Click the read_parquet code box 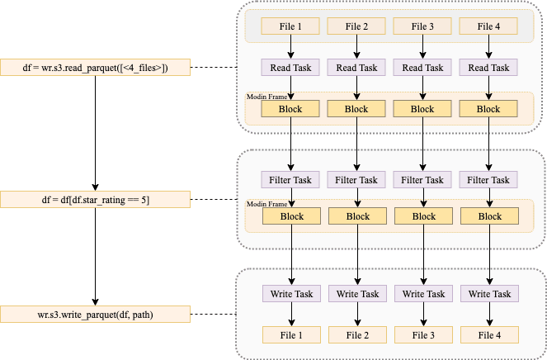tap(95, 68)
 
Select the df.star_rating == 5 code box tap(95, 200)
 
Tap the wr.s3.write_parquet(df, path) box tap(95, 315)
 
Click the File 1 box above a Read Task tap(290, 26)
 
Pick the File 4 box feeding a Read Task tap(488, 26)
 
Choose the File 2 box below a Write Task tap(357, 335)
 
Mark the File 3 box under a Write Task tap(423, 335)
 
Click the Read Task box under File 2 tap(356, 68)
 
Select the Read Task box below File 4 tap(488, 68)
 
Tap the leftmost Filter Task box tap(290, 180)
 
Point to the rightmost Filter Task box tap(488, 180)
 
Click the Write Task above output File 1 tap(291, 294)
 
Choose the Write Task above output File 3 tap(423, 294)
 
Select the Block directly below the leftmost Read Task tap(290, 109)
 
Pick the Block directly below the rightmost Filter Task tap(490, 216)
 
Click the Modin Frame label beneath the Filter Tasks tap(266, 204)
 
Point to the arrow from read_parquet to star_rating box tap(95, 134)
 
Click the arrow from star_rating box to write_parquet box tap(95, 257)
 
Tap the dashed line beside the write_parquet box tap(214, 315)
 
